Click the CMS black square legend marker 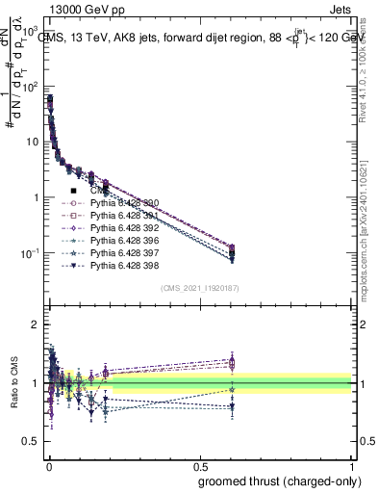74,191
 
